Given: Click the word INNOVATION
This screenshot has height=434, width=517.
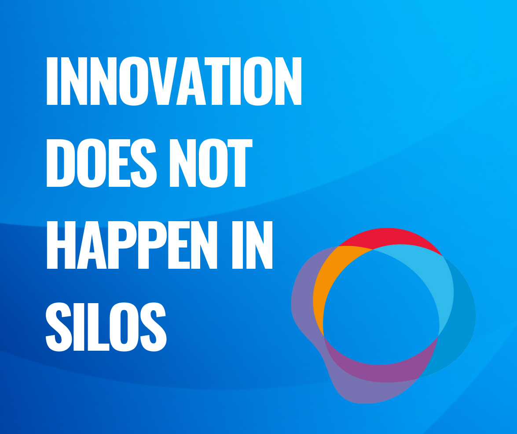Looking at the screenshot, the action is [174, 81].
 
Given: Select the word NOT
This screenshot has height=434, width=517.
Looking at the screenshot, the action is [211, 163].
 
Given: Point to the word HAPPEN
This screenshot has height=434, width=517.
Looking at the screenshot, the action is [132, 245].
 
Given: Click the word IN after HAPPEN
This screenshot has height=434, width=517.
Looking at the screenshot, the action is [252, 245].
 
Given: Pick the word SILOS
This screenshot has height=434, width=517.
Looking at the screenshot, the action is [106, 326].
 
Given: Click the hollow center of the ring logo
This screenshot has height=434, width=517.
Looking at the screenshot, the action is [381, 307].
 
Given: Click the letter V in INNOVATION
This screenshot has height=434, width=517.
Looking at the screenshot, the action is [163, 81].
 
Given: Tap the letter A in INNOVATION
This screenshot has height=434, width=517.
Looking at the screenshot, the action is [191, 81].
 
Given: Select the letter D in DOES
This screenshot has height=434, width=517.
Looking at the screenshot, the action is [61, 163].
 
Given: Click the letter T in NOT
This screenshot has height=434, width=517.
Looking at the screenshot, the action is [240, 163].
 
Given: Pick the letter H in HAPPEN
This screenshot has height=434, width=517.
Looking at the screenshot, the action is [61, 245].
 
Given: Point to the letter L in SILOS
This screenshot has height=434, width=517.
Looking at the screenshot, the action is [98, 326].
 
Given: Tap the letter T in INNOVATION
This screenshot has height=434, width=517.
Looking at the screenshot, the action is [217, 81].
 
